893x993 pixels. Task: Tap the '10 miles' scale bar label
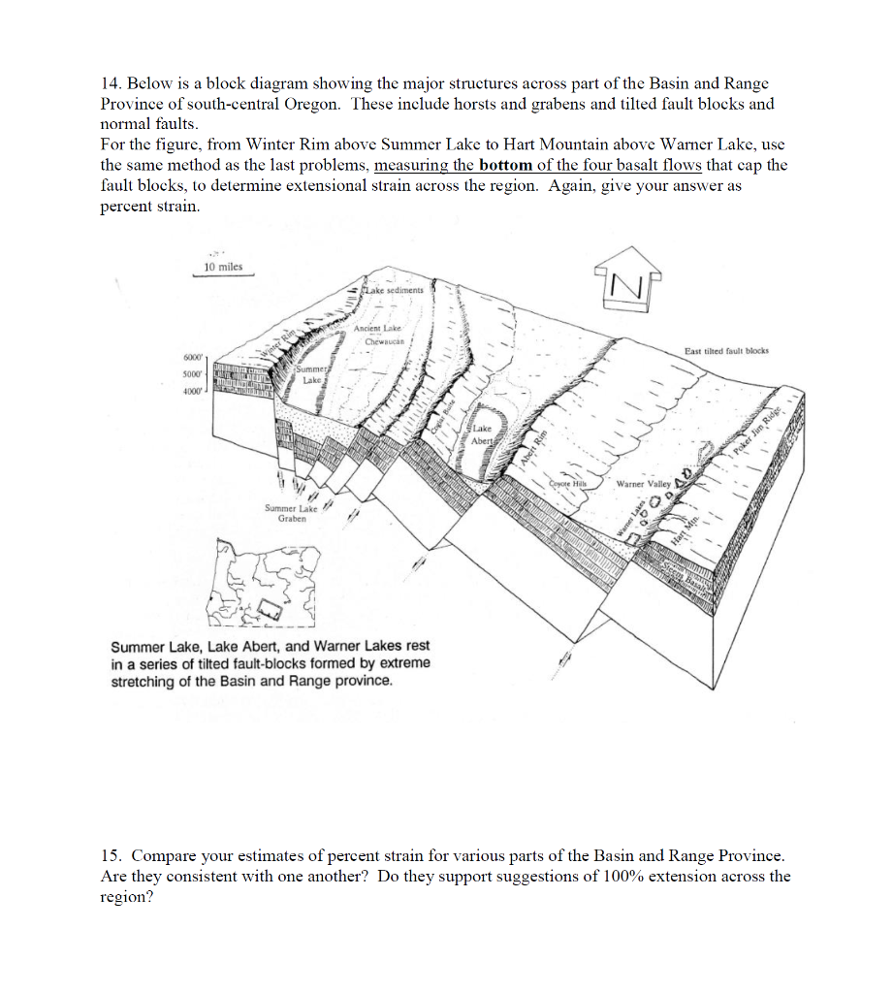pyautogui.click(x=223, y=267)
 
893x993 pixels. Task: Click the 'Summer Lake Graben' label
pyautogui.click(x=292, y=513)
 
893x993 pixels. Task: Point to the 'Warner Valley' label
pyautogui.click(x=644, y=482)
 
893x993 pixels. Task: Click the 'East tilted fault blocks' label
pyautogui.click(x=725, y=351)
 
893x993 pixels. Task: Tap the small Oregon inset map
pyautogui.click(x=262, y=588)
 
